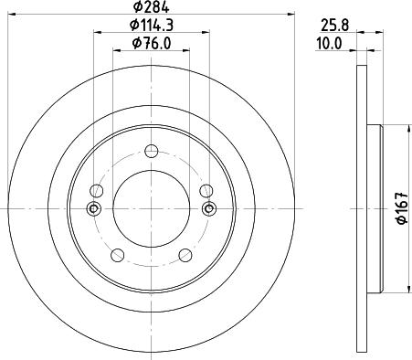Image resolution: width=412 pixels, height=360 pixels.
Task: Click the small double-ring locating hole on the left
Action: coord(91,209)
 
